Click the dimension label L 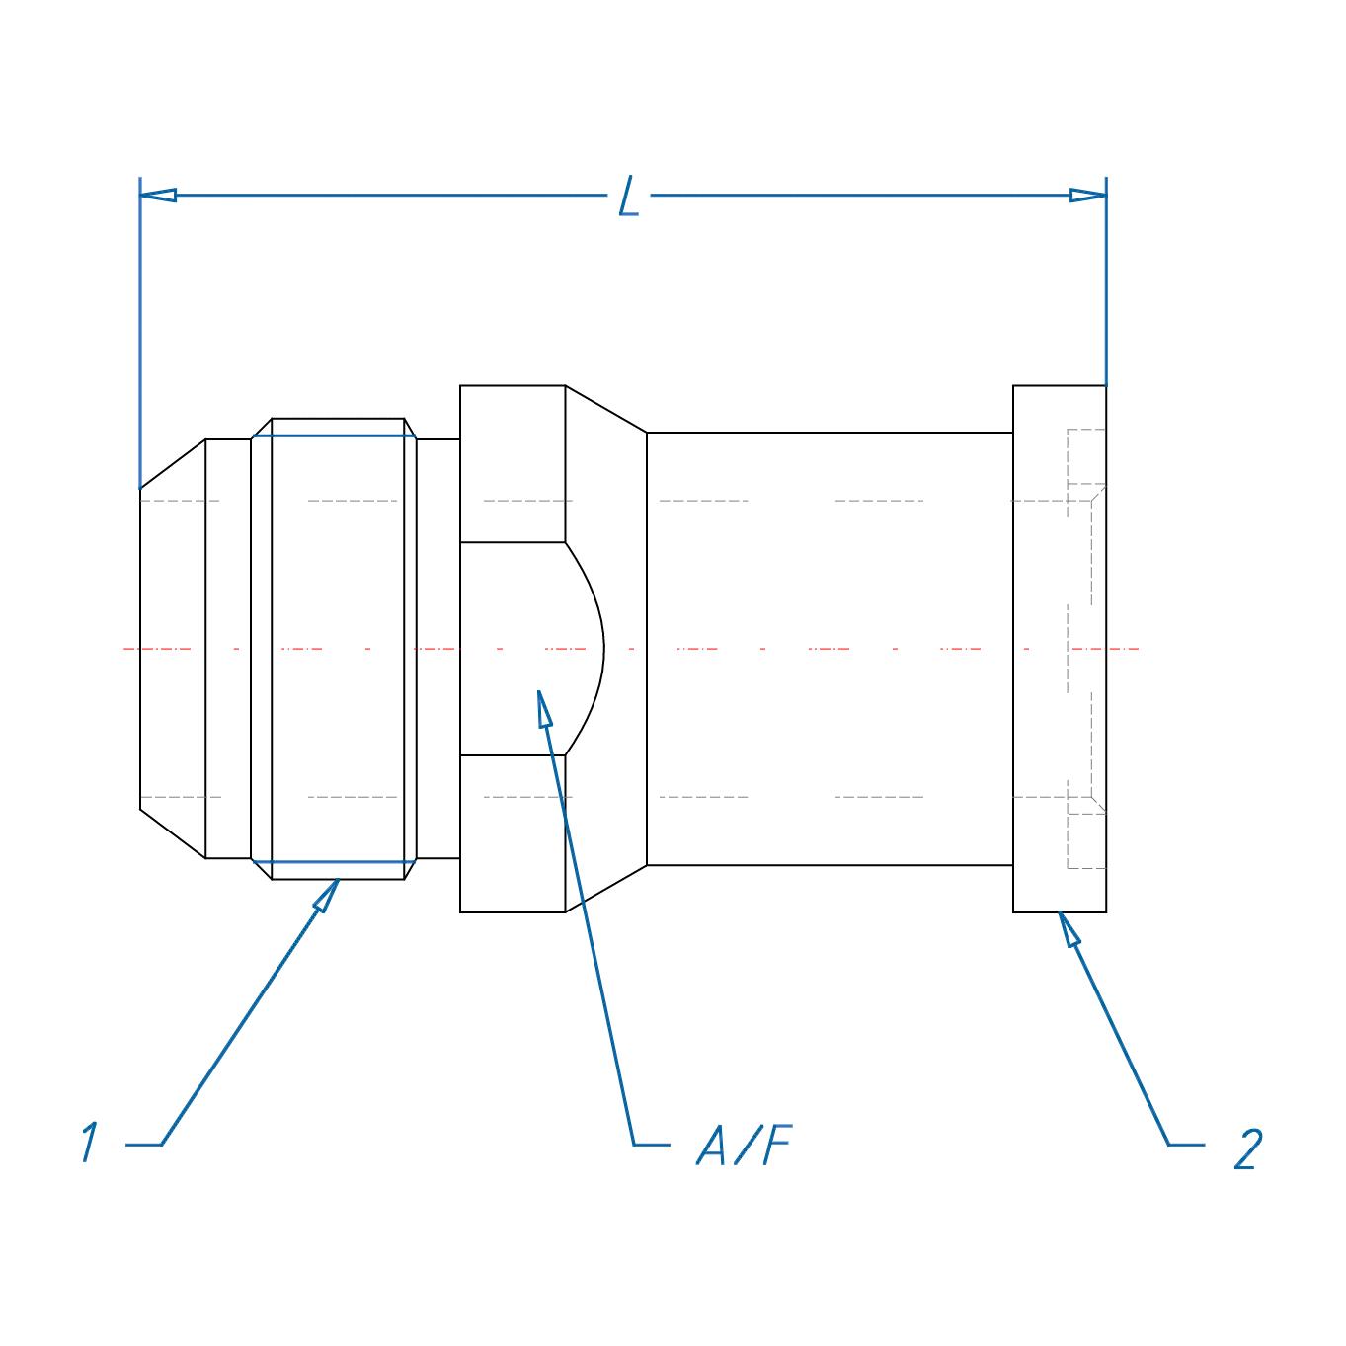coord(629,196)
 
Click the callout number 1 coord(90,1143)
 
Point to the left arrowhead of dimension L coord(158,195)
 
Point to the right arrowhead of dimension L coord(1087,195)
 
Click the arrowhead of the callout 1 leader coord(328,895)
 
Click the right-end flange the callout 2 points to coord(1059,648)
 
